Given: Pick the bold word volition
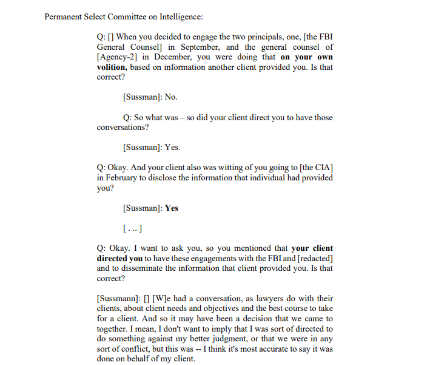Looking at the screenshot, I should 110,67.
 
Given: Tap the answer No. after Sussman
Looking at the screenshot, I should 171,97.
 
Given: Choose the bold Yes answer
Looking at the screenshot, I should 172,208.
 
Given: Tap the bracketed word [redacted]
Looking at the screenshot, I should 311,258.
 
